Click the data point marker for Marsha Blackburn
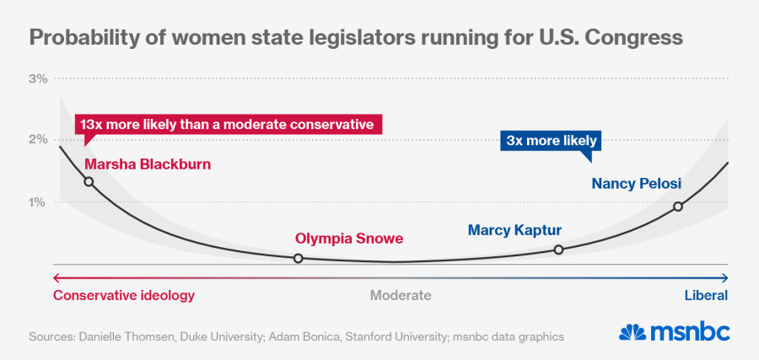click(x=89, y=181)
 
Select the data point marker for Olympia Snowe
click(x=298, y=258)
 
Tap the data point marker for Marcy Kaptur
click(x=558, y=249)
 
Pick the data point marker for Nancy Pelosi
click(x=678, y=207)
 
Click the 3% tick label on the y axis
click(x=38, y=78)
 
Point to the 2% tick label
click(x=38, y=139)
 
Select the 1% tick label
click(x=38, y=201)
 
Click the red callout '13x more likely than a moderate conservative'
click(x=228, y=124)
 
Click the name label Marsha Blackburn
click(x=148, y=164)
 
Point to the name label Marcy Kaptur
click(x=514, y=229)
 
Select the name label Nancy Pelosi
click(x=636, y=183)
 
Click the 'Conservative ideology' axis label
click(x=124, y=295)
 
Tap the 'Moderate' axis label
click(x=401, y=295)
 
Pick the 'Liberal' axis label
click(x=705, y=295)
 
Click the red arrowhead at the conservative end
click(x=57, y=277)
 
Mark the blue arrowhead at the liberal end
click(x=725, y=277)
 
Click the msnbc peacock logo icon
click(x=635, y=331)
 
